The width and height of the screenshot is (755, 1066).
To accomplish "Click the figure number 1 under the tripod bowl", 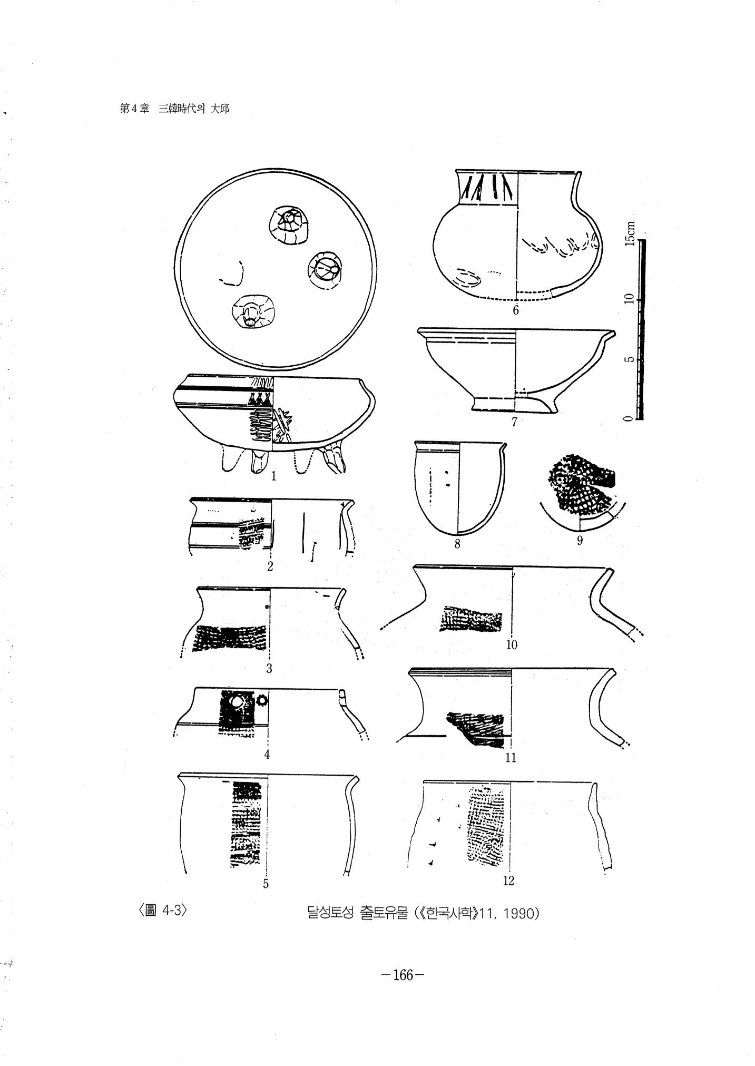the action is (273, 477).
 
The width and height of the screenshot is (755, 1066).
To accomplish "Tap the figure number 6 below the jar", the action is (516, 310).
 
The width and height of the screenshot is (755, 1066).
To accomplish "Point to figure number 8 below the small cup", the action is (457, 544).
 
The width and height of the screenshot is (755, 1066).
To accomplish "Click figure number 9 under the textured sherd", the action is (580, 540).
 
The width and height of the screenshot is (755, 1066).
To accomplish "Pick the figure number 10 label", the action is (512, 644).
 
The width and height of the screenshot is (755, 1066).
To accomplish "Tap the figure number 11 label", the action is (511, 758).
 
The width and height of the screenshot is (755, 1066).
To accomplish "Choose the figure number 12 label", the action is (508, 881).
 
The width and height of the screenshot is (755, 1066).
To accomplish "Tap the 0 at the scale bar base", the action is (627, 418).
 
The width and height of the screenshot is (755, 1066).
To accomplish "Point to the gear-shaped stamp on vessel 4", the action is (262, 700).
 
